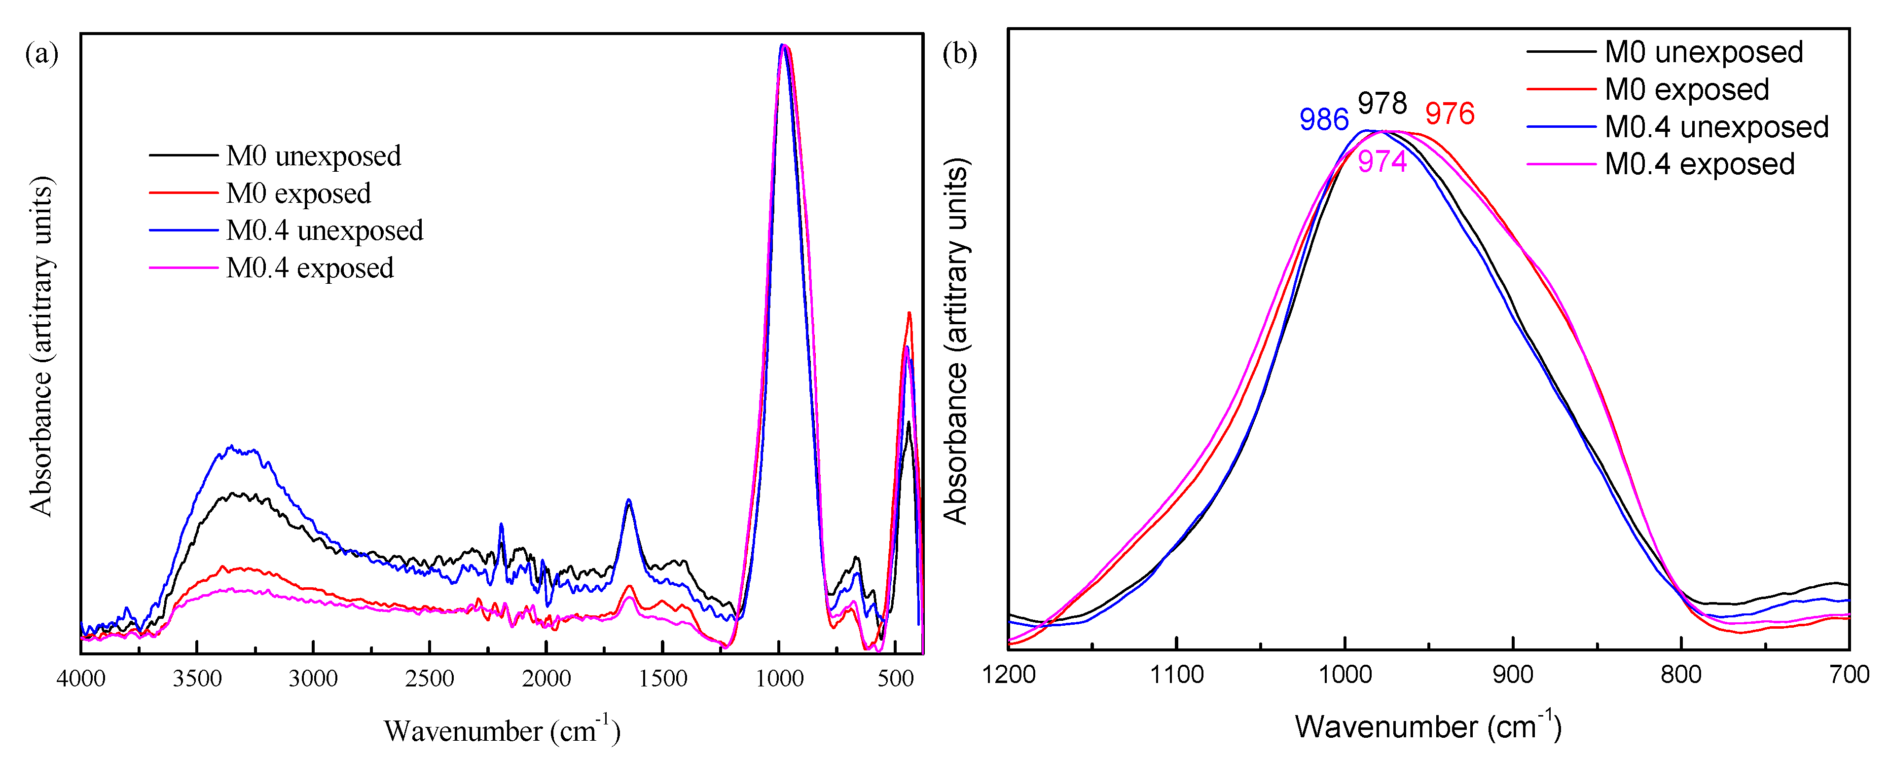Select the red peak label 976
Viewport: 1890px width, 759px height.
[1449, 114]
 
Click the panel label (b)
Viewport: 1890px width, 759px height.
[959, 54]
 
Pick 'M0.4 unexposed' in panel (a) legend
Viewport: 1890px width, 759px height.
[325, 230]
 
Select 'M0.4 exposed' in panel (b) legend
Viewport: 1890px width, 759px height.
[1699, 164]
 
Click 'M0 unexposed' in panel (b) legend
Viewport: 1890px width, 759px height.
[1703, 52]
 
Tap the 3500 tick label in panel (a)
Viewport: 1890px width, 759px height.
[197, 678]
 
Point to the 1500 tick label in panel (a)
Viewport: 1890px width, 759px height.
[662, 678]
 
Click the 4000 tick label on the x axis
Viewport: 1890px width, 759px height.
[81, 678]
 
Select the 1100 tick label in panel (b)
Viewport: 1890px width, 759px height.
[1176, 674]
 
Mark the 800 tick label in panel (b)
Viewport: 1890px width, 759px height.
[1681, 674]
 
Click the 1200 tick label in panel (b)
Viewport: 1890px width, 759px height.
[1009, 674]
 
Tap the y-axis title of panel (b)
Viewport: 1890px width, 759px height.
[955, 342]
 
